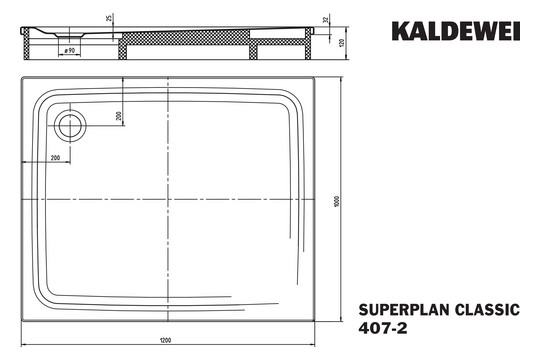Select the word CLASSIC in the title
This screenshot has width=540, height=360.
(x=485, y=311)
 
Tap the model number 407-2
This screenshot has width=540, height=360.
(x=378, y=330)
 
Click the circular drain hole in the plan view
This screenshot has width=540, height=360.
(x=71, y=125)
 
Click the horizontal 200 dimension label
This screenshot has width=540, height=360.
(x=54, y=158)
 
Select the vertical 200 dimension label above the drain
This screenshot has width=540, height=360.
(x=119, y=115)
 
